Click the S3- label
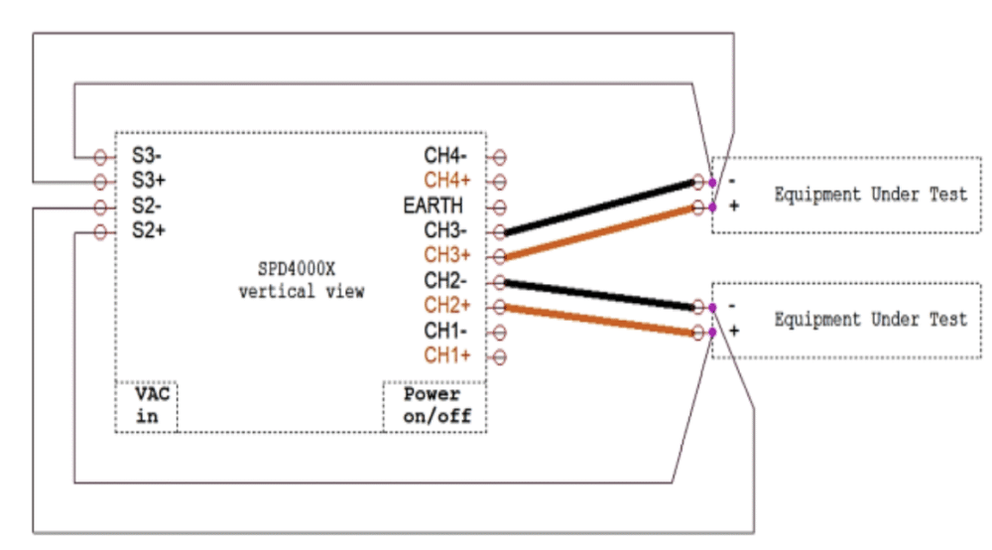pyautogui.click(x=147, y=155)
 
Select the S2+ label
pyautogui.click(x=149, y=230)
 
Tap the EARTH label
pyautogui.click(x=433, y=206)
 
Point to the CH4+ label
pyautogui.click(x=447, y=181)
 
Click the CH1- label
pyautogui.click(x=445, y=331)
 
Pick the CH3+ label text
pyautogui.click(x=447, y=255)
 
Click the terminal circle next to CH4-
pyautogui.click(x=499, y=156)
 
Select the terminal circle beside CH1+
pyautogui.click(x=499, y=357)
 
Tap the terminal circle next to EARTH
pyautogui.click(x=499, y=206)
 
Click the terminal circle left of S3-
pyautogui.click(x=100, y=156)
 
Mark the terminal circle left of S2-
pyautogui.click(x=100, y=206)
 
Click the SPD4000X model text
pyautogui.click(x=296, y=270)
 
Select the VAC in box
pyautogui.click(x=146, y=406)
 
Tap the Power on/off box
pyautogui.click(x=434, y=406)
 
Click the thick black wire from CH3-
pyautogui.click(x=599, y=206)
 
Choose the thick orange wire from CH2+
pyautogui.click(x=599, y=321)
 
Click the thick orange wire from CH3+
pyautogui.click(x=599, y=231)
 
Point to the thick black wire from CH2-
pyautogui.click(x=599, y=295)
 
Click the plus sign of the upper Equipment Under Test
pyautogui.click(x=734, y=206)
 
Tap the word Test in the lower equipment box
pyautogui.click(x=948, y=319)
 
